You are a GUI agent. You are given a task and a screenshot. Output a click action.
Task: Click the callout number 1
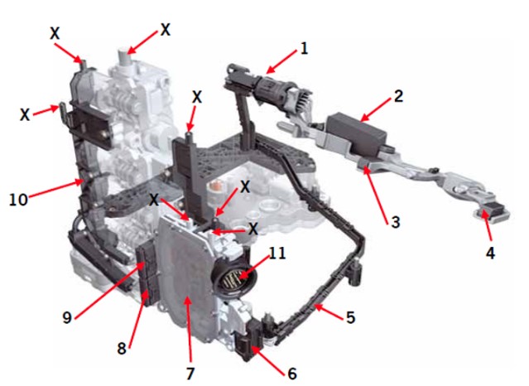tap(304, 49)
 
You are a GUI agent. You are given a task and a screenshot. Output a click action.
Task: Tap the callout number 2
tap(398, 97)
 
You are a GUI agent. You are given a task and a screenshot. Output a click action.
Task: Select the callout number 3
tap(395, 222)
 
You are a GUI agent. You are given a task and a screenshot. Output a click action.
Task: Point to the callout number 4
tap(490, 253)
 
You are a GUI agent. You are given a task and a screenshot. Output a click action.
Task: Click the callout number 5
tap(351, 317)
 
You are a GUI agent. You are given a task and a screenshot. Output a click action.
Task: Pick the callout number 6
tap(292, 374)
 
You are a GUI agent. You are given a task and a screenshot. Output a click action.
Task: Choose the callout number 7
tap(190, 374)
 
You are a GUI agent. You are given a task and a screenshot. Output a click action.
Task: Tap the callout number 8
tap(122, 348)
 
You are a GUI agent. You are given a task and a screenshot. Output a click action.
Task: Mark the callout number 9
tap(67, 317)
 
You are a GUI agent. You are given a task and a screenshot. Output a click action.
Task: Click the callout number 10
tap(18, 200)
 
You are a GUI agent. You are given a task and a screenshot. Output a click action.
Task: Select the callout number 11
tap(277, 253)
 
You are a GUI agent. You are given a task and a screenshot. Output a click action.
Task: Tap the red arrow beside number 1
tap(281, 60)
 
